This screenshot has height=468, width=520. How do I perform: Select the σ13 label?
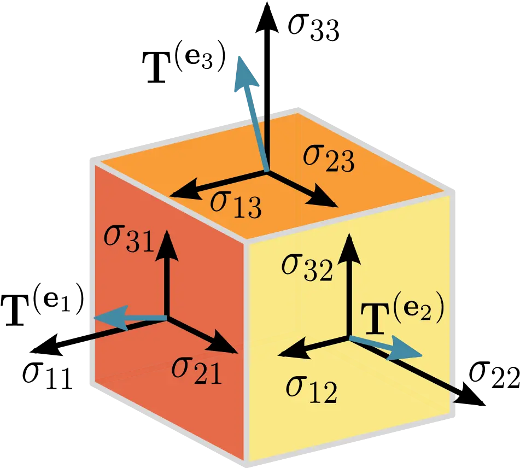[236, 204]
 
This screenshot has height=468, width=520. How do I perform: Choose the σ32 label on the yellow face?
[307, 266]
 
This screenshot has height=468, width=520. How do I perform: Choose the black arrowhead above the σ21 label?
[225, 343]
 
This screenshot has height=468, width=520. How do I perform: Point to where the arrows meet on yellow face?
[348, 338]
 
